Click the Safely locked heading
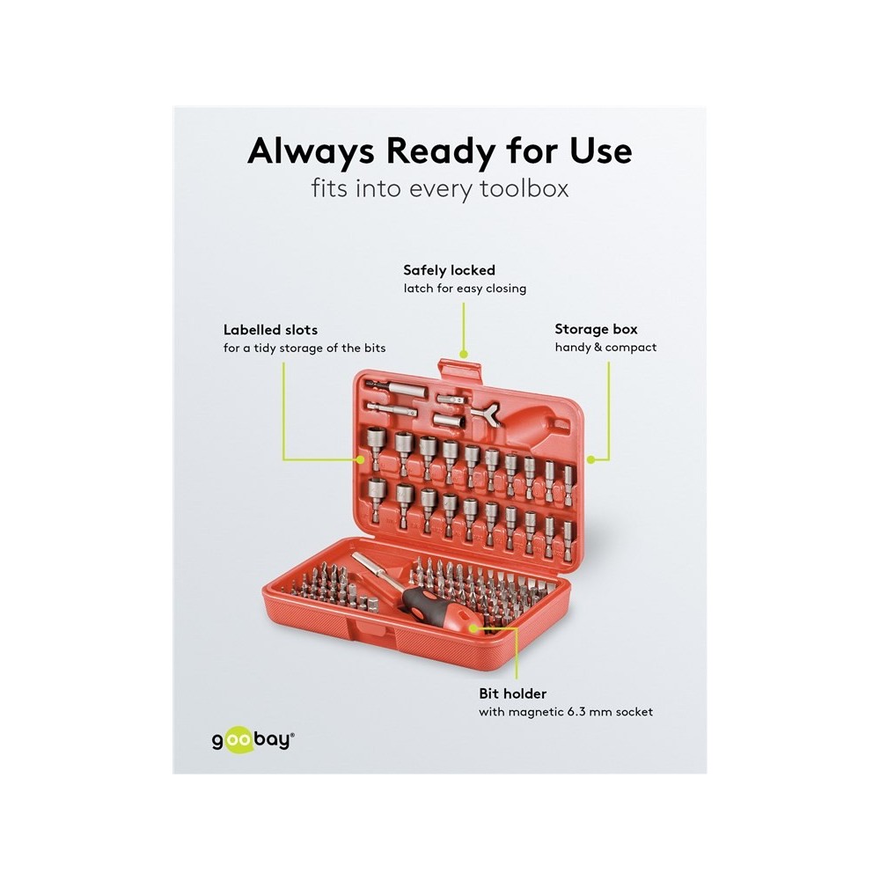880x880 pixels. [x=449, y=270]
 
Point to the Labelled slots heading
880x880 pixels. [x=270, y=329]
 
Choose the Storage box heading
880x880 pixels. [x=596, y=329]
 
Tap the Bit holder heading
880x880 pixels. [x=512, y=693]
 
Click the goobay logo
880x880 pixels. [x=253, y=740]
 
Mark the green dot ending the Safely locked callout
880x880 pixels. [x=464, y=354]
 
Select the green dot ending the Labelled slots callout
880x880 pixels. [x=360, y=459]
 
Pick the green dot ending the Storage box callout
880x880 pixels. [x=590, y=459]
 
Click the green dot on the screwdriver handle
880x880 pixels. [x=473, y=628]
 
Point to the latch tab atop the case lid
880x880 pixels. [x=460, y=371]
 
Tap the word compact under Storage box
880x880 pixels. [x=631, y=348]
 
